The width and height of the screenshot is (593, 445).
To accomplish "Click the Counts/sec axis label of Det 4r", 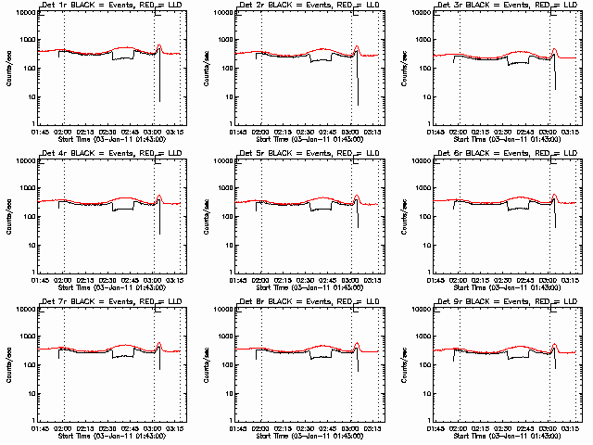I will (x=8, y=215).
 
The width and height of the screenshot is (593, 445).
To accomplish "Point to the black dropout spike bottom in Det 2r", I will (x=358, y=104).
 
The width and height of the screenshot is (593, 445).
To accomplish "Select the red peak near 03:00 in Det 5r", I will (x=358, y=195).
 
